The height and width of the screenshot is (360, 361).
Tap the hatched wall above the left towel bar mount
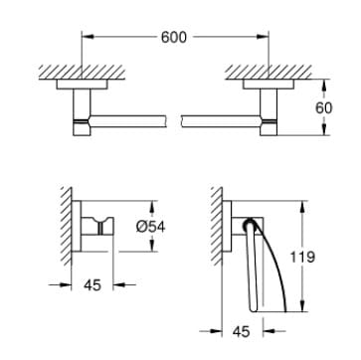(x=69, y=73)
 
